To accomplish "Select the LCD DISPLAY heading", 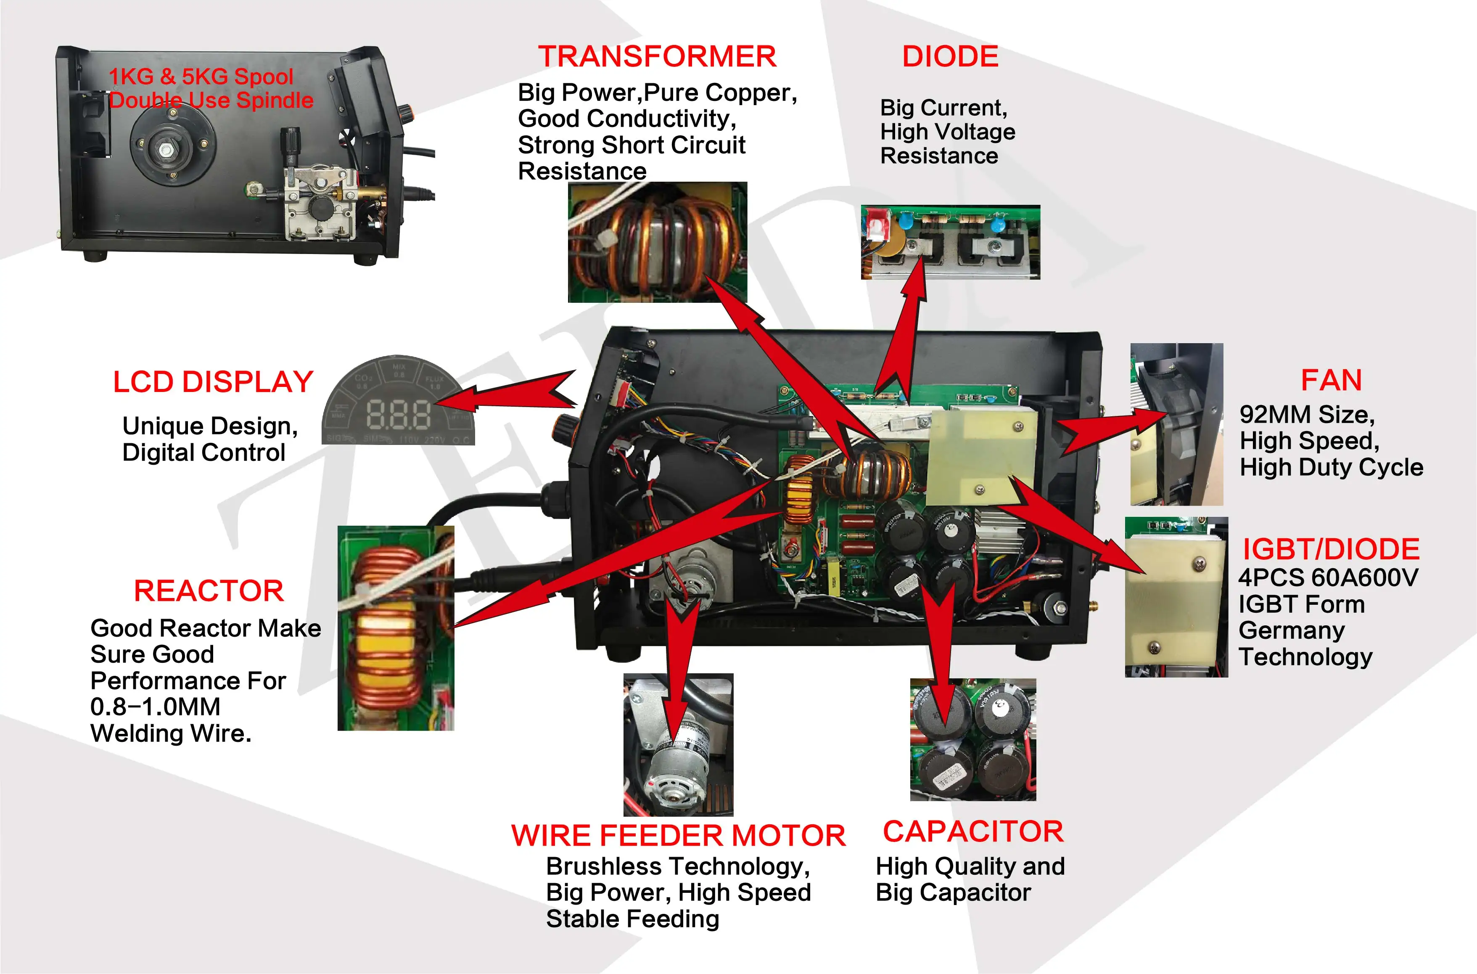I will pyautogui.click(x=213, y=382).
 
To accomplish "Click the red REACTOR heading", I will pyautogui.click(x=209, y=591).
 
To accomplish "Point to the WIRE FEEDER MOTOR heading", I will pyautogui.click(x=678, y=836).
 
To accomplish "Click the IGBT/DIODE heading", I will pyautogui.click(x=1331, y=550).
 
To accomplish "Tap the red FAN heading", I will pyautogui.click(x=1331, y=381).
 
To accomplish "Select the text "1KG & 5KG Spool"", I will pyautogui.click(x=201, y=77).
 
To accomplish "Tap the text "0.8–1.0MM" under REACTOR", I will pyautogui.click(x=155, y=707).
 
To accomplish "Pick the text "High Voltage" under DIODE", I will pyautogui.click(x=947, y=132).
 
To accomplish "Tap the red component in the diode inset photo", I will pyautogui.click(x=875, y=224).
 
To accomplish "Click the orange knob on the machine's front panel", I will pyautogui.click(x=563, y=428).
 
